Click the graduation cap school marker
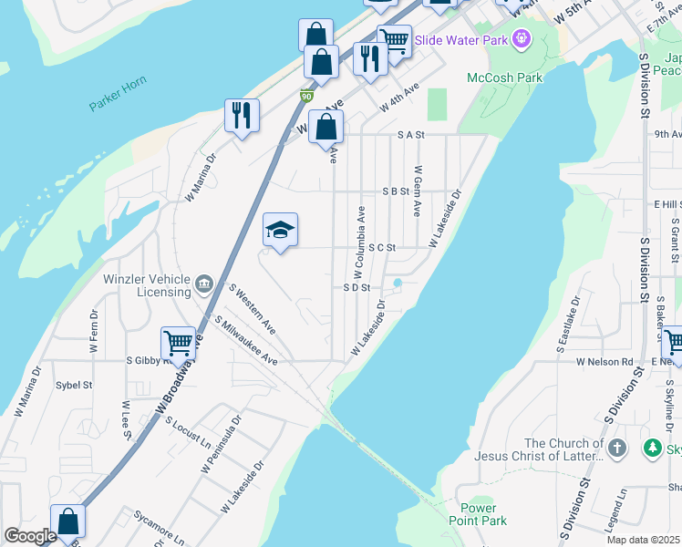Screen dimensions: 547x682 (281, 231)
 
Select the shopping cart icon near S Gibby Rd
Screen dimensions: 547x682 (178, 344)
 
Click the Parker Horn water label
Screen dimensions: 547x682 (118, 101)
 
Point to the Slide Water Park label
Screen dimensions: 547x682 (462, 40)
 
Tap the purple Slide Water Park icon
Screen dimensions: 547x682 (522, 39)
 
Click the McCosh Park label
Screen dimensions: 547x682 (504, 77)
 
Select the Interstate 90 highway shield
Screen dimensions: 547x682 (305, 95)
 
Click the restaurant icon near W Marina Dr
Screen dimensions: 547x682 (242, 115)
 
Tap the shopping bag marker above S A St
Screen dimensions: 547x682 (325, 128)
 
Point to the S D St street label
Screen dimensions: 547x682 (356, 287)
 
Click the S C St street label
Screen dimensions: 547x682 (381, 247)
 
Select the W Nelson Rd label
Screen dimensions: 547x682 (604, 361)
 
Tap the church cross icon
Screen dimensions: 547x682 (617, 448)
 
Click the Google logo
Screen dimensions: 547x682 (29, 536)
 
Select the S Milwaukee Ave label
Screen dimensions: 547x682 (245, 341)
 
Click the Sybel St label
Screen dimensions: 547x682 (74, 386)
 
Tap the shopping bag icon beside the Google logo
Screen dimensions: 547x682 (67, 522)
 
